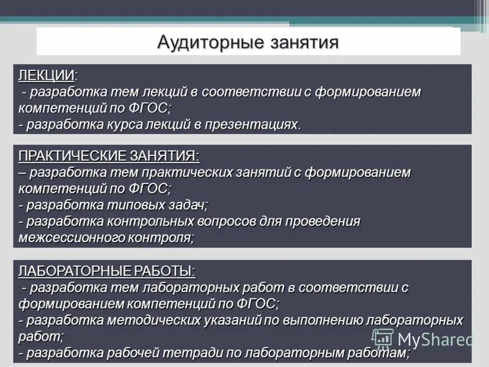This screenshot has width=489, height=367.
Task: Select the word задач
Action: (x=186, y=205)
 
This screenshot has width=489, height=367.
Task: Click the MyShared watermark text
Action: (x=435, y=339)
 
